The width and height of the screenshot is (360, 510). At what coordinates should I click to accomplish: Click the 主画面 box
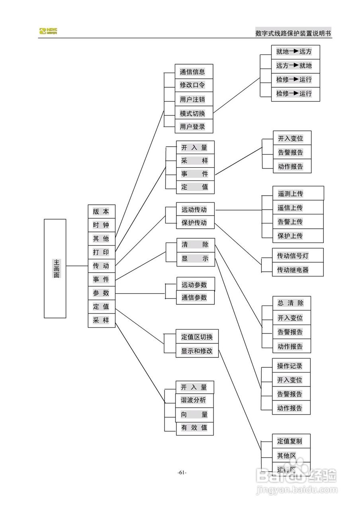click(55, 268)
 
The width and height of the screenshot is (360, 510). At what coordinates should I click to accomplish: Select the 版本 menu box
click(101, 212)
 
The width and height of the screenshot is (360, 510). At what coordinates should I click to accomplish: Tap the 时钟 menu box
click(101, 225)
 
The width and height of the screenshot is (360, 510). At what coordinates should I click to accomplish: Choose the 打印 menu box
click(101, 252)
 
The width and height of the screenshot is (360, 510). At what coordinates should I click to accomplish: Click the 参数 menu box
click(101, 293)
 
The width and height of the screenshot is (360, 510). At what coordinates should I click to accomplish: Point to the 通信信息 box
click(194, 72)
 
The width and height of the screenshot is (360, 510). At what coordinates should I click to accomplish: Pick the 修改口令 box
click(194, 85)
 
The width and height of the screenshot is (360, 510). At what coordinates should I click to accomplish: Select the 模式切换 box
click(194, 113)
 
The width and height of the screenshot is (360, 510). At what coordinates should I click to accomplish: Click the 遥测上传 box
click(297, 194)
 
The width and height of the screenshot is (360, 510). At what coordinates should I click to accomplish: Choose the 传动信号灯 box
click(297, 255)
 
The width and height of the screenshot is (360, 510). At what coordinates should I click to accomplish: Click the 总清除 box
click(291, 303)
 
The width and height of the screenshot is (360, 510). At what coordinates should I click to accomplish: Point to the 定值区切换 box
click(197, 337)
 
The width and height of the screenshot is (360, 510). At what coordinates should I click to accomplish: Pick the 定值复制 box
click(290, 441)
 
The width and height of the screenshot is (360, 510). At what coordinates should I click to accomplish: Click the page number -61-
click(182, 473)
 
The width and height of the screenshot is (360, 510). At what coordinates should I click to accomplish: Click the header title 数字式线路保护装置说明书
click(293, 33)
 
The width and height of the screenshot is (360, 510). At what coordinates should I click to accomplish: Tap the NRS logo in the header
click(48, 31)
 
